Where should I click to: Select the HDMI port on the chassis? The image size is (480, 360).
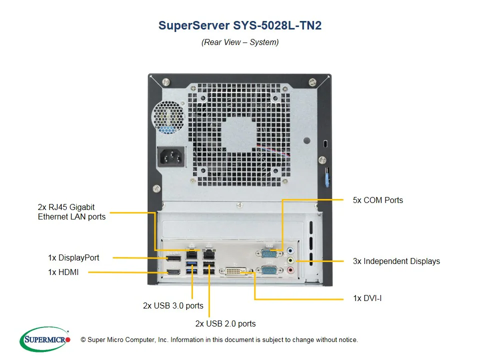[174, 272]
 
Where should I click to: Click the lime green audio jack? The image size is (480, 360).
[291, 260]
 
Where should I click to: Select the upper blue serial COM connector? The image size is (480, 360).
[267, 252]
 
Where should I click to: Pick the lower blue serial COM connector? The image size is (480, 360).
[267, 271]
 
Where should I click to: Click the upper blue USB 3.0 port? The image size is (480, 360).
[191, 263]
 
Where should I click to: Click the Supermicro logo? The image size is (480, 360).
[45, 339]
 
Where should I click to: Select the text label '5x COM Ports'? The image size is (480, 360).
[377, 200]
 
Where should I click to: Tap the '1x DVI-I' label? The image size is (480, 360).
[367, 298]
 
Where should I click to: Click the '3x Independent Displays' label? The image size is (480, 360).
[396, 261]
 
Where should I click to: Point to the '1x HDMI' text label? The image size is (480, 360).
[63, 272]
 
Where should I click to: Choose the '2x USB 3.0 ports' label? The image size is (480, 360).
[173, 305]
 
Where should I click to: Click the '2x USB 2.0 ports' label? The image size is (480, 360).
[225, 323]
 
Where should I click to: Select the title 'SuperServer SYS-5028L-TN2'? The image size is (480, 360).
[240, 25]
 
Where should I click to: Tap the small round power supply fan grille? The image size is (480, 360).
[169, 118]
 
